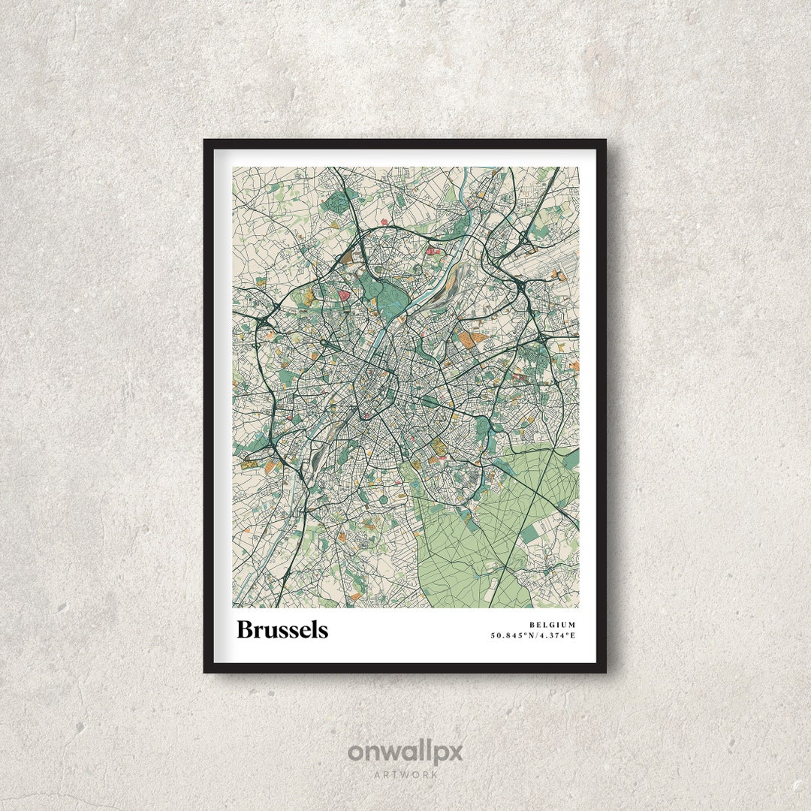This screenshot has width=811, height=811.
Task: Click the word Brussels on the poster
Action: [282, 629]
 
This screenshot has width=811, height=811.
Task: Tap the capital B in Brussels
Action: [244, 629]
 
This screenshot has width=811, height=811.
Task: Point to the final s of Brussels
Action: [323, 631]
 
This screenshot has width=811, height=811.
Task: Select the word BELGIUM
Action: [552, 625]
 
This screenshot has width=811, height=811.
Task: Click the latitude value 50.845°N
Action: [515, 635]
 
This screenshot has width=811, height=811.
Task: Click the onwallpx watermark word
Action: [405, 752]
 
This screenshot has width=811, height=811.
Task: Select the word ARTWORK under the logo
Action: [405, 773]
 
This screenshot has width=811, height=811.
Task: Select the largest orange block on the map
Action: [473, 340]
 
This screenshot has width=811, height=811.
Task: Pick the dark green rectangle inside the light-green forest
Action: [531, 533]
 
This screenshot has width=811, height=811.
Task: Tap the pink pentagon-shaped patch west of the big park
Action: [345, 295]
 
